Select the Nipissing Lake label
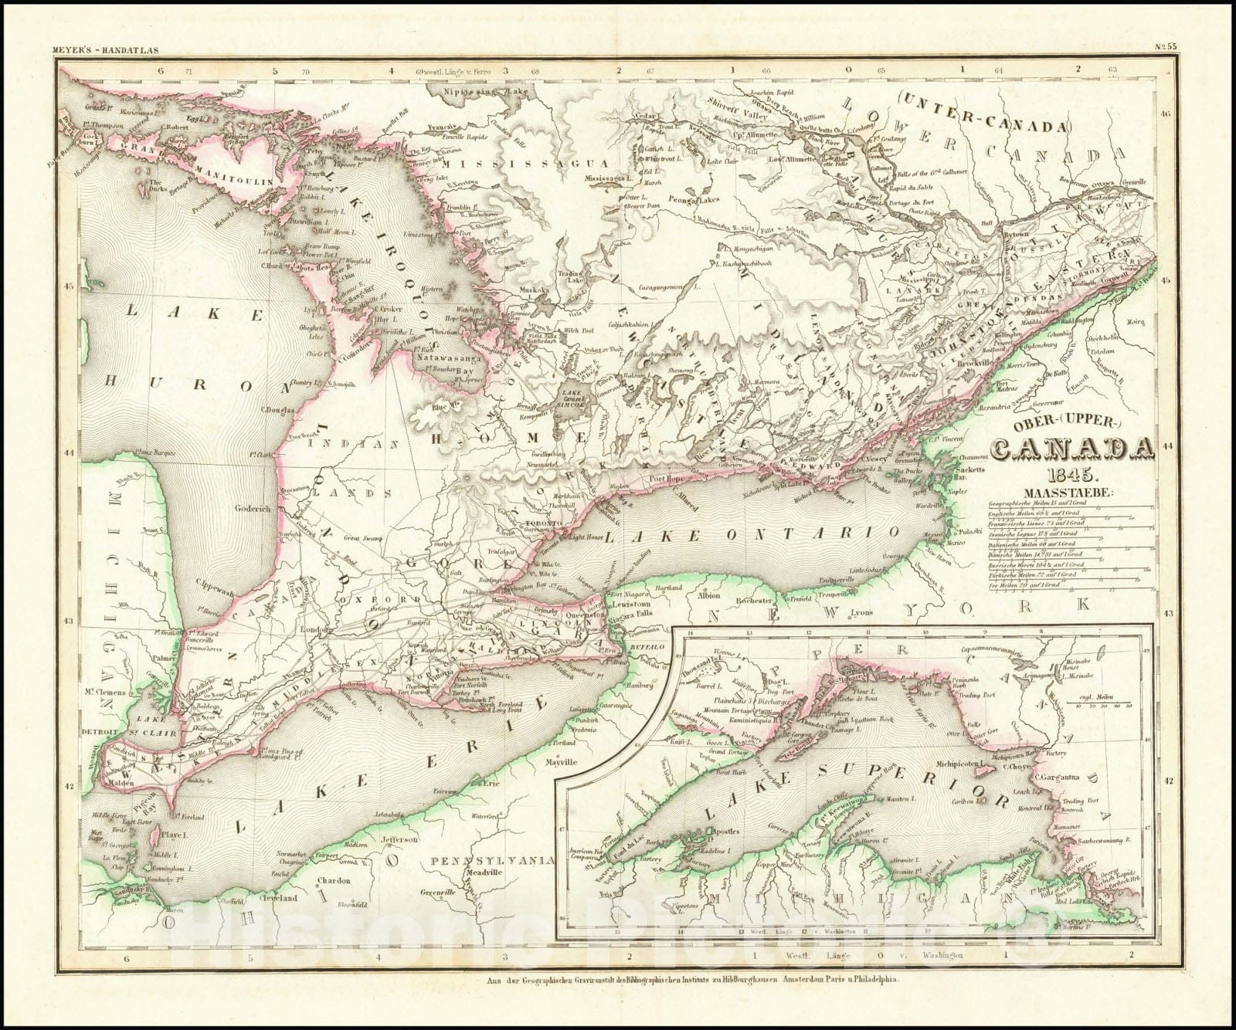point(474,91)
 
